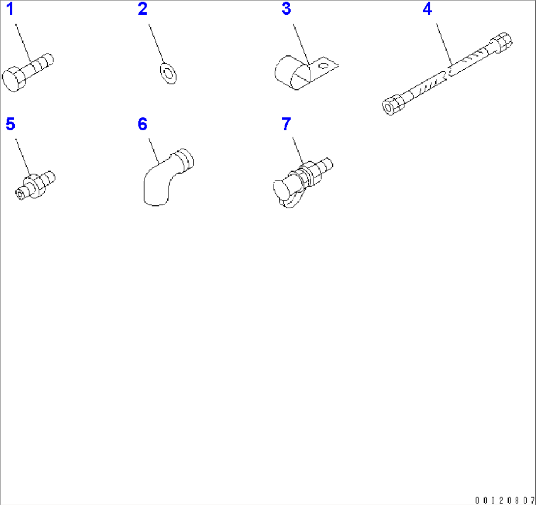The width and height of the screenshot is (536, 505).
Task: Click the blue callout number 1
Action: [10, 9]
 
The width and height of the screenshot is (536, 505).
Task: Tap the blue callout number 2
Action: [143, 9]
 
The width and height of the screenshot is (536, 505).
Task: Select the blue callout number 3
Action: [286, 9]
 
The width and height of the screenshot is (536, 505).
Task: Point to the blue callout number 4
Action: [427, 9]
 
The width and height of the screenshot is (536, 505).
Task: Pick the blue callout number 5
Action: [10, 124]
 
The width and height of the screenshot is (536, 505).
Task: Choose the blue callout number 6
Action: [143, 124]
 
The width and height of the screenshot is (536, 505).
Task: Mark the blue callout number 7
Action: [286, 124]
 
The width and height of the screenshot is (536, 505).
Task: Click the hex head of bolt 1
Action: [14, 79]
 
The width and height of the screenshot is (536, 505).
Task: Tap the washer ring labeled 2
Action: [168, 73]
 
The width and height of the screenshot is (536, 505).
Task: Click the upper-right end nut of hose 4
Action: [501, 42]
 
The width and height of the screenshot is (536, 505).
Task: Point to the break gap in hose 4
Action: [447, 74]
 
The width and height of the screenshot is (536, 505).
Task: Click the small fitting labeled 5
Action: [35, 185]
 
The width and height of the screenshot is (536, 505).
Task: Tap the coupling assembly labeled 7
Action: [302, 182]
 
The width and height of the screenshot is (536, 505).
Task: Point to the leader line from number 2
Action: [156, 44]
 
